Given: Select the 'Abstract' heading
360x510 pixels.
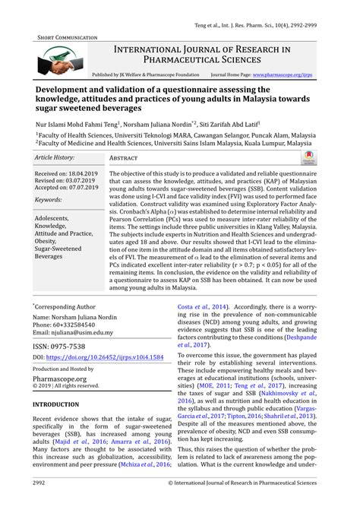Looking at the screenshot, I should (124, 157).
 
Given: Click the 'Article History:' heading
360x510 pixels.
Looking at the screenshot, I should (54, 157).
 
